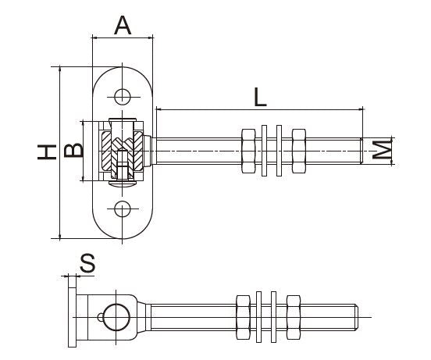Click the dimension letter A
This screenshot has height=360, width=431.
click(122, 25)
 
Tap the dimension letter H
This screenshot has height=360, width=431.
click(48, 151)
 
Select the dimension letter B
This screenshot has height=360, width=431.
click(72, 150)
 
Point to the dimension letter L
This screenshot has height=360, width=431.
click(259, 97)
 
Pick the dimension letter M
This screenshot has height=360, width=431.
click(381, 150)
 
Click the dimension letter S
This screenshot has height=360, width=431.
click(87, 263)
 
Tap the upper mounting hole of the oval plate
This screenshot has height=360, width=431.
click(122, 96)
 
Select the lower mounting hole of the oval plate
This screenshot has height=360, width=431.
click(122, 208)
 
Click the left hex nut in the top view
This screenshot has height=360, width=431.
click(250, 150)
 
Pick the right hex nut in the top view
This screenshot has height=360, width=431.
click(297, 150)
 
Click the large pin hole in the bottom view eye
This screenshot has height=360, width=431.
click(115, 316)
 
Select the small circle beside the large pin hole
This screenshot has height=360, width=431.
click(99, 315)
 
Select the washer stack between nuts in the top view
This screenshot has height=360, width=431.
click(273, 150)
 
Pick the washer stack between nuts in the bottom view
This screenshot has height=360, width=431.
click(267, 317)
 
